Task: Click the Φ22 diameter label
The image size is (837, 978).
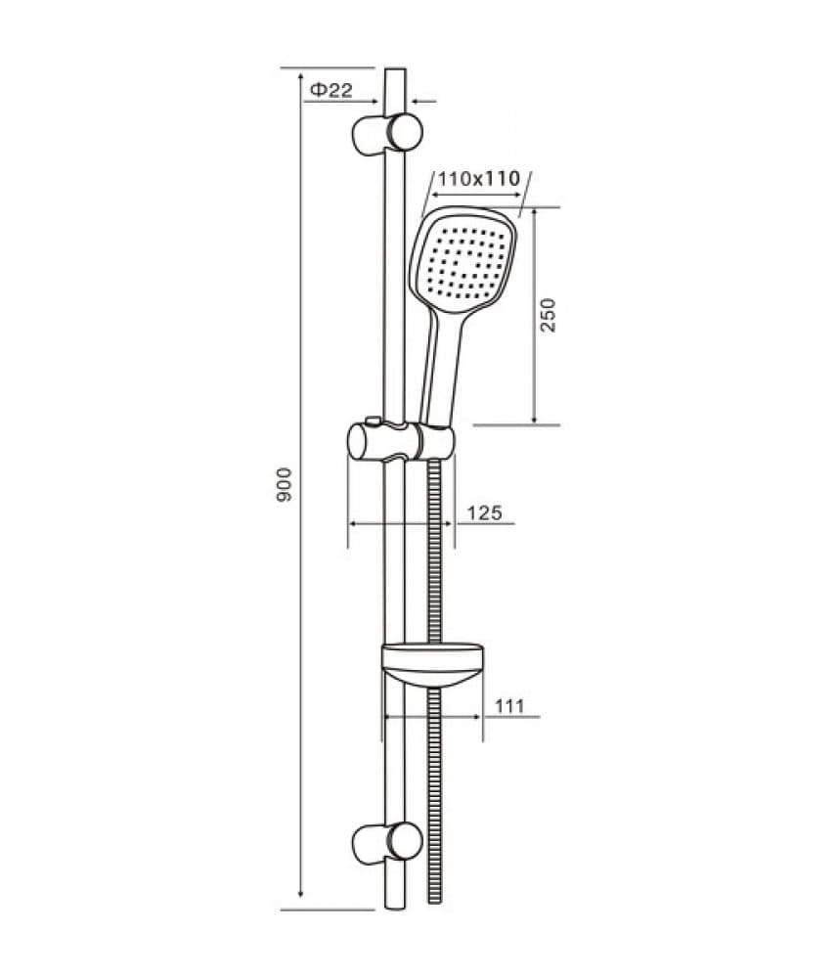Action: (x=331, y=90)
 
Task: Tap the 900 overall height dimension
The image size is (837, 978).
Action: (x=284, y=485)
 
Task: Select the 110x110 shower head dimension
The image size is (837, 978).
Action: (x=478, y=179)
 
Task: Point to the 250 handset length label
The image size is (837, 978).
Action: (x=548, y=315)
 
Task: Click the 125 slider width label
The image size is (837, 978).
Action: (x=485, y=512)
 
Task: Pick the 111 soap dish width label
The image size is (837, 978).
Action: (x=509, y=707)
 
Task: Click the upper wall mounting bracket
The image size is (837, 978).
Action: (x=387, y=132)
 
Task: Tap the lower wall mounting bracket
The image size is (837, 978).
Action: (x=387, y=843)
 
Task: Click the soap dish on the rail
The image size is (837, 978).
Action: (x=432, y=665)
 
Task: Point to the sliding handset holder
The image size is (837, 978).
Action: (x=401, y=440)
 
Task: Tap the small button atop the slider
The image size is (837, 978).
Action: (x=373, y=422)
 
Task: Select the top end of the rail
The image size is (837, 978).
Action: (x=395, y=69)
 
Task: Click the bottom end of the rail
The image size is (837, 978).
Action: (x=395, y=909)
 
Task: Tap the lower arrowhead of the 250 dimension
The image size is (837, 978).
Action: (x=535, y=418)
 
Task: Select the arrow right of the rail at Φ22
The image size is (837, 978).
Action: (x=423, y=100)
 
